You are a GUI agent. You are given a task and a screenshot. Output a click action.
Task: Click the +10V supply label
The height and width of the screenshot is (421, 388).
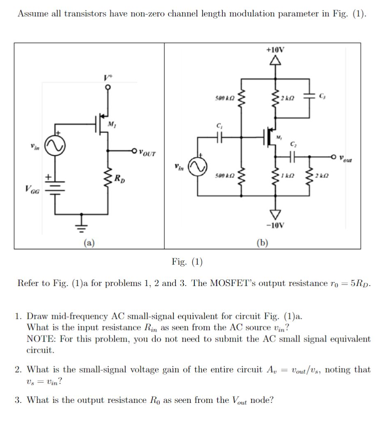pyautogui.click(x=275, y=50)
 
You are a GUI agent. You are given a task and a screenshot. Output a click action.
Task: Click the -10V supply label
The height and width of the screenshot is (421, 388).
pyautogui.click(x=275, y=225)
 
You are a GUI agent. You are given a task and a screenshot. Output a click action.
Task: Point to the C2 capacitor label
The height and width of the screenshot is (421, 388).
pyautogui.click(x=293, y=144)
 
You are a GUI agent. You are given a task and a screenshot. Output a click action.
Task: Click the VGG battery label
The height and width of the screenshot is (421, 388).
pyautogui.click(x=32, y=190)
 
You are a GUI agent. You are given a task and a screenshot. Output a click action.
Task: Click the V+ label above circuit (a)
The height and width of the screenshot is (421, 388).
pyautogui.click(x=108, y=77)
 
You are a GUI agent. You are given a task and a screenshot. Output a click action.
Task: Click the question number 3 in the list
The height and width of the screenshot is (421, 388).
pyautogui.click(x=18, y=400)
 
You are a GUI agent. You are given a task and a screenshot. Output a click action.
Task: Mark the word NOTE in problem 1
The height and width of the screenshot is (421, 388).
pyautogui.click(x=38, y=339)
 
